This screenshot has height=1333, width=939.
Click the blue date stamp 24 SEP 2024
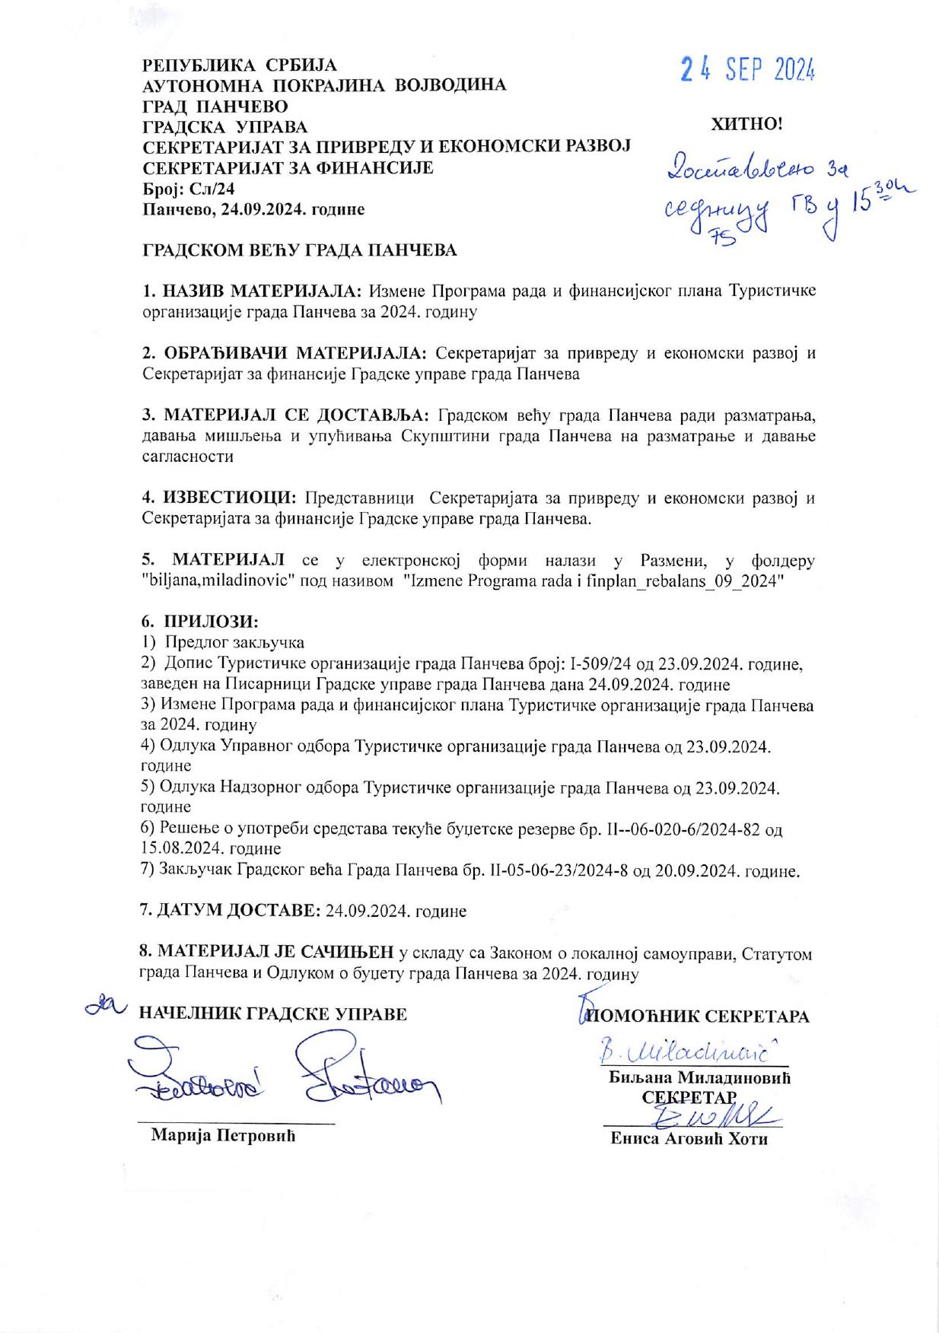(748, 71)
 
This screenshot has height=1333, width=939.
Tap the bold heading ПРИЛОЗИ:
(210, 621)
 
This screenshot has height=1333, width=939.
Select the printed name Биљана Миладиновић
(699, 1078)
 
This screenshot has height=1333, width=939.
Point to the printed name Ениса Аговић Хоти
(689, 1139)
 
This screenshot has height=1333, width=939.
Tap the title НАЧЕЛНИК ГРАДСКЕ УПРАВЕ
(272, 1013)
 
